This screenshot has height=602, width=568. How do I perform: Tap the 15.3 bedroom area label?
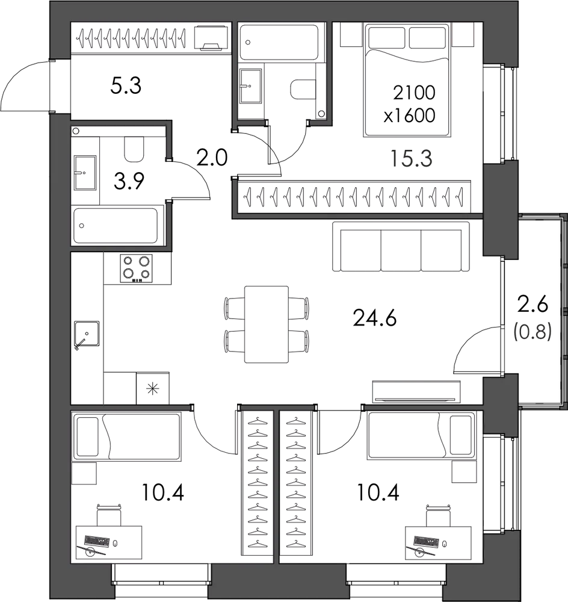tap(411, 158)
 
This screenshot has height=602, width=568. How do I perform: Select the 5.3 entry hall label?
tap(126, 85)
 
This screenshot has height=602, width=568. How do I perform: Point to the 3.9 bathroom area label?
tap(129, 181)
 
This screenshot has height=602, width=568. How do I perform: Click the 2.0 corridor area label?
tap(212, 157)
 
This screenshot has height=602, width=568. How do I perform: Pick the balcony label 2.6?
tap(532, 305)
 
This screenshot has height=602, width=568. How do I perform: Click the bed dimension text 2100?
tap(414, 93)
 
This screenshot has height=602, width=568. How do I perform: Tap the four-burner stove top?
tap(136, 268)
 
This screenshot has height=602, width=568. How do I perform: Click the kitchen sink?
tap(87, 334)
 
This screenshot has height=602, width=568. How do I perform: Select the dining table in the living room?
tap(267, 324)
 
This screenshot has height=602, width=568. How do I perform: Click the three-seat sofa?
tap(401, 247)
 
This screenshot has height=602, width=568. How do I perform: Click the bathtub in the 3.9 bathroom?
tap(116, 226)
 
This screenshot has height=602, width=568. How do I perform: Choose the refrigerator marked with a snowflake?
tap(153, 388)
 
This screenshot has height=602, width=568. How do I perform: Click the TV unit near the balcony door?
tap(416, 392)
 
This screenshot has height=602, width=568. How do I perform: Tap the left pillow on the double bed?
tap(387, 37)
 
